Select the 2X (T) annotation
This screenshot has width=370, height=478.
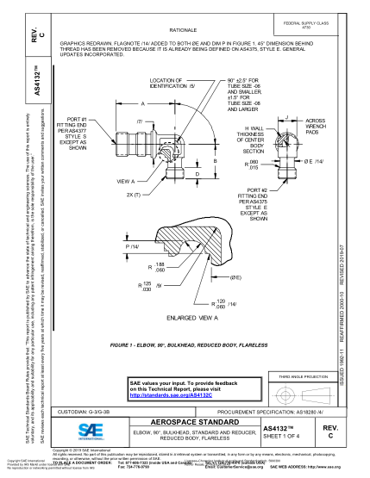[134, 196]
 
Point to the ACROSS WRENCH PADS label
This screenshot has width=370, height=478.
[315, 127]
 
